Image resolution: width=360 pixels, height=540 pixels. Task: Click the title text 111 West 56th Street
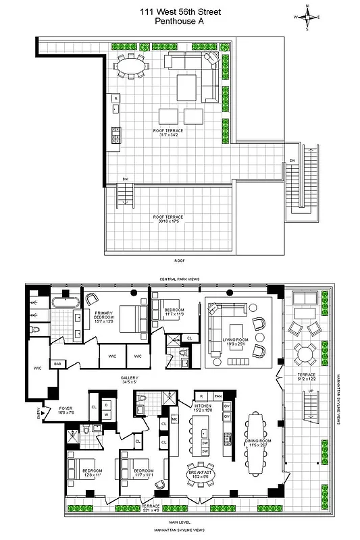179,11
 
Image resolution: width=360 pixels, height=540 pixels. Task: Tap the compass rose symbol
307,18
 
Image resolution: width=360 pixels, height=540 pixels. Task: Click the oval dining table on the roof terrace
130,65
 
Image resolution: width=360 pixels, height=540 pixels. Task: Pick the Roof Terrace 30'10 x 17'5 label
168,219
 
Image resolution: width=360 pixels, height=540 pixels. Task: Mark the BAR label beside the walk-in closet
58,363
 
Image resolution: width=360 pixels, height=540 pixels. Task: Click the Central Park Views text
178,279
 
